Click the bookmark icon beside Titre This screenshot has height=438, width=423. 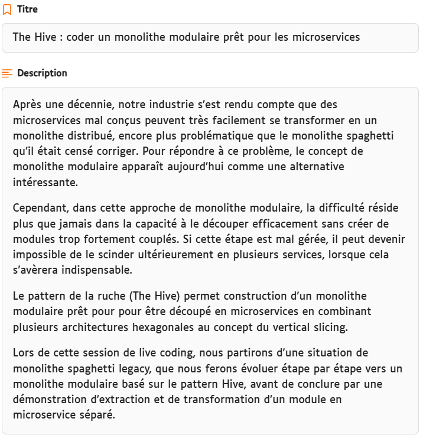coord(7,9)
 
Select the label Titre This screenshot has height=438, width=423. coord(27,9)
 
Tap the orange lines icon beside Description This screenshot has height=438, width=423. coord(7,73)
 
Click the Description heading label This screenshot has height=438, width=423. coord(42,73)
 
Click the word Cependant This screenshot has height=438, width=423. coord(38,208)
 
